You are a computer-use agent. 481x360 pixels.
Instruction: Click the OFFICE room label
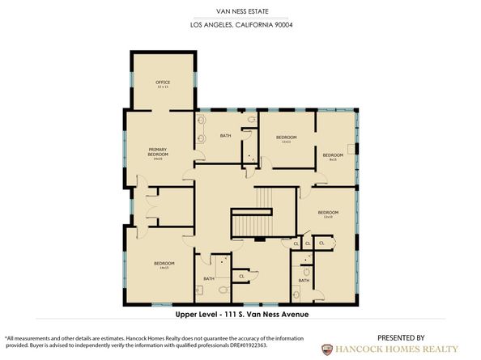click(162, 83)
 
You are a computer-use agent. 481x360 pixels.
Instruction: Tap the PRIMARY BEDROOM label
click(158, 152)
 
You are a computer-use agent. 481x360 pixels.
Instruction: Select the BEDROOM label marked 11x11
click(286, 138)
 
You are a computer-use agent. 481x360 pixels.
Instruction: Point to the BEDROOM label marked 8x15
click(333, 155)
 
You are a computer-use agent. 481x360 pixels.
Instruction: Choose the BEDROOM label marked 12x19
click(327, 213)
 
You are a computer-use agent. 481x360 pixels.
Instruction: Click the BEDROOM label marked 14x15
click(164, 264)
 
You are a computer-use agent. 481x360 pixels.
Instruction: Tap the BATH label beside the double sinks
click(226, 135)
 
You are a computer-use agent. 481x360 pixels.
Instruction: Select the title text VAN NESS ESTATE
click(240, 11)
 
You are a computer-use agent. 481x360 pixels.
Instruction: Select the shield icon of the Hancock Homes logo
click(327, 350)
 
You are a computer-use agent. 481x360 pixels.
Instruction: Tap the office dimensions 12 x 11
click(162, 87)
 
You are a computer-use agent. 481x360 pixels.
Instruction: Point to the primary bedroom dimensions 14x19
click(158, 159)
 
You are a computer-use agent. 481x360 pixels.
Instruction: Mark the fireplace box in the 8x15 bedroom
click(349, 148)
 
